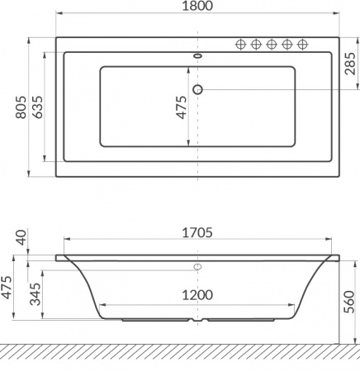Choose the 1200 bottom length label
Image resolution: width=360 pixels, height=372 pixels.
pos(197,294)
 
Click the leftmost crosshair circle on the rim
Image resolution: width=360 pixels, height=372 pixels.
pos(242,45)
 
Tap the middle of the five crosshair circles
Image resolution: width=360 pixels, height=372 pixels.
pos(272,45)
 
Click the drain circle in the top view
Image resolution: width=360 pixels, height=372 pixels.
pos(197,89)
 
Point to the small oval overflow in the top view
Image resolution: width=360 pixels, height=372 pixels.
pos(197,57)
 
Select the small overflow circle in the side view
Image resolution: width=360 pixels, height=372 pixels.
pos(197,267)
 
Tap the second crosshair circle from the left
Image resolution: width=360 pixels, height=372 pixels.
pos(257,45)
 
